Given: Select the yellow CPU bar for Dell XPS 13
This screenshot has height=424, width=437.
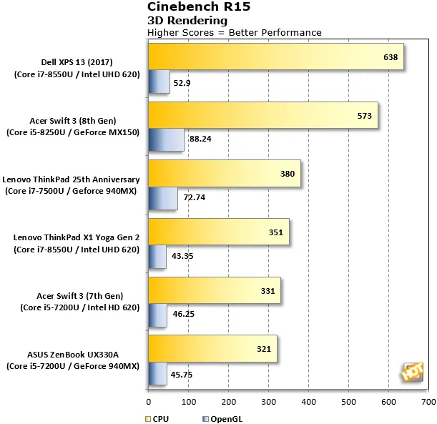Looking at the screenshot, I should [275, 57].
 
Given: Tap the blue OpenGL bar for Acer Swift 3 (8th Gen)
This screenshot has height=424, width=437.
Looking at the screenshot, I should [166, 139].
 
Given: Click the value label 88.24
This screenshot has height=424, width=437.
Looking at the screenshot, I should [202, 139].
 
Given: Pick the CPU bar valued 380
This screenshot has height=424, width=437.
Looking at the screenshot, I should [224, 174].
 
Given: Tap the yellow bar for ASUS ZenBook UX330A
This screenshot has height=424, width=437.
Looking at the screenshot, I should [212, 349].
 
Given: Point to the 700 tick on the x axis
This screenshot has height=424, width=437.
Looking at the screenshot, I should [428, 403].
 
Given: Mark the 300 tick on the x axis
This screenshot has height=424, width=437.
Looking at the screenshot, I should [267, 403].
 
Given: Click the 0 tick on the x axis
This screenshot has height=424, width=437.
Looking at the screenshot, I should [148, 403].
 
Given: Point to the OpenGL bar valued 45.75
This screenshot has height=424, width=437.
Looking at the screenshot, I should [157, 373].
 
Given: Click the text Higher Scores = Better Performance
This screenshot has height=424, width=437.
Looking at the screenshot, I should [234, 32].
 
